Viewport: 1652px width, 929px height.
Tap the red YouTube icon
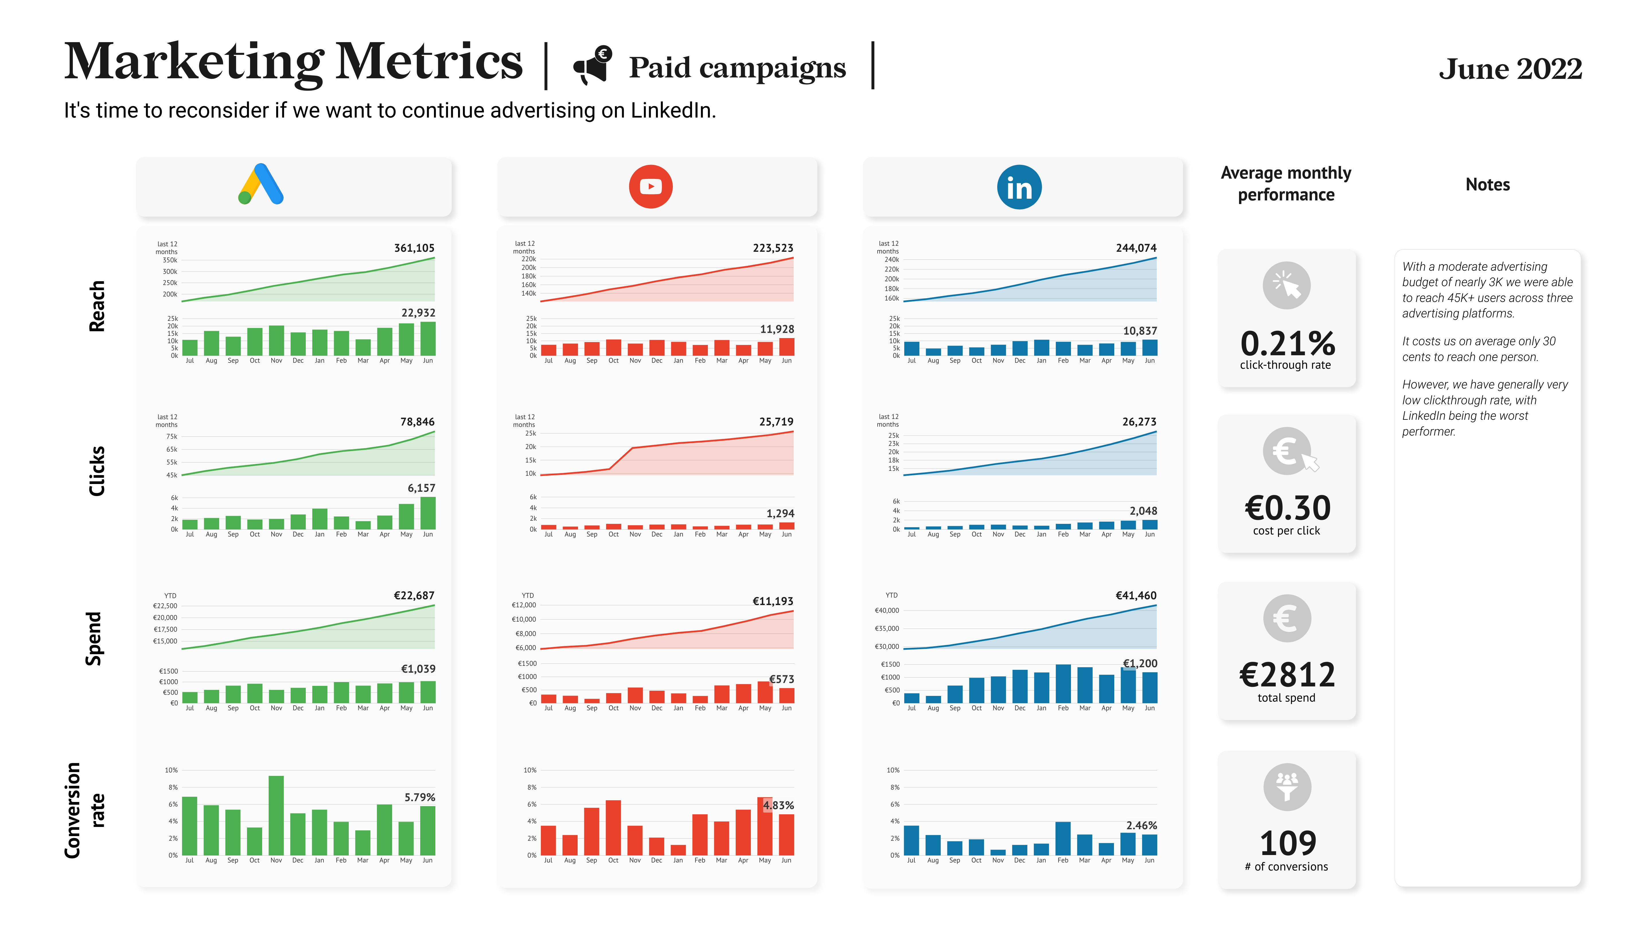click(650, 187)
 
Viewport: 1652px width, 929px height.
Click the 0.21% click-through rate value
click(1287, 344)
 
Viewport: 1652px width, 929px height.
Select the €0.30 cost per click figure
click(1287, 508)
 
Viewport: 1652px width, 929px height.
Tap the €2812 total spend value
click(1287, 675)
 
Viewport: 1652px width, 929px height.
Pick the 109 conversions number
click(1287, 843)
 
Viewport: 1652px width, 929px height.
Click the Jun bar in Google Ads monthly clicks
click(428, 513)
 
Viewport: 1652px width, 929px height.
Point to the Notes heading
click(1487, 185)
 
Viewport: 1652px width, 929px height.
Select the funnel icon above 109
click(1287, 787)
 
